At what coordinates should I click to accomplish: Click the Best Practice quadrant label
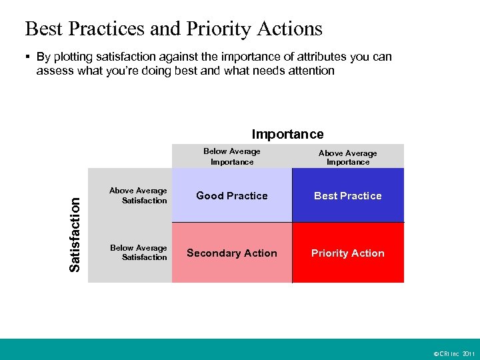(x=347, y=195)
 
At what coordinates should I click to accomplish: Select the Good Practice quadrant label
(x=231, y=195)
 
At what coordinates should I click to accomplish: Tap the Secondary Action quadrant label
(x=231, y=253)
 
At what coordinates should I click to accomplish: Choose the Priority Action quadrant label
(x=347, y=253)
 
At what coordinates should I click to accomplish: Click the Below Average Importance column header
(x=232, y=157)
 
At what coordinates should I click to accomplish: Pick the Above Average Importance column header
(x=347, y=157)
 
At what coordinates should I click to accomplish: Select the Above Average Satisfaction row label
(x=139, y=195)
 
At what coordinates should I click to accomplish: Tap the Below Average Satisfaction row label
(x=139, y=252)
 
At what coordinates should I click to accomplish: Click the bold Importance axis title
(x=287, y=134)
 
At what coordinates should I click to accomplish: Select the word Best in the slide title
(x=41, y=29)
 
